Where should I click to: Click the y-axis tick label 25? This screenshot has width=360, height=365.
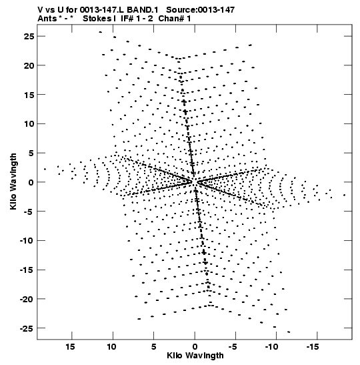(29, 36)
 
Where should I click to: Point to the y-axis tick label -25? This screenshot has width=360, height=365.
(27, 328)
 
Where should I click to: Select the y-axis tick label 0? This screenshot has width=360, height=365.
(31, 182)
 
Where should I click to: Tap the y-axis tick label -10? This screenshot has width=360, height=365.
(27, 240)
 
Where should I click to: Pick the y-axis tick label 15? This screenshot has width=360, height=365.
(29, 95)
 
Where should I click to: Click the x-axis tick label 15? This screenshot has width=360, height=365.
(70, 347)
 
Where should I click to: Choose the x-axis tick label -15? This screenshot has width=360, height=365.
(313, 347)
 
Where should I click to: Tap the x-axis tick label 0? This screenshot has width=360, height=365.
(195, 347)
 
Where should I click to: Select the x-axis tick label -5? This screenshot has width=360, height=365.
(233, 347)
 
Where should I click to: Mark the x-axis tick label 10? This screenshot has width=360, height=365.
(111, 347)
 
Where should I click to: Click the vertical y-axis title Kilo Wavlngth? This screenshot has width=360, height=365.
(13, 181)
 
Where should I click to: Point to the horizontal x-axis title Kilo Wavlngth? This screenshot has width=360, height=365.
(195, 356)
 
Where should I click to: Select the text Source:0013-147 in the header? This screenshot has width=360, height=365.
(201, 10)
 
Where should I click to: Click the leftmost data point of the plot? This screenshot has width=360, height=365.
(45, 169)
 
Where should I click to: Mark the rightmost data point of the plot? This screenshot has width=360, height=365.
(344, 195)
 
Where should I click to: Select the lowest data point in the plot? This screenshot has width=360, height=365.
(289, 332)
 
